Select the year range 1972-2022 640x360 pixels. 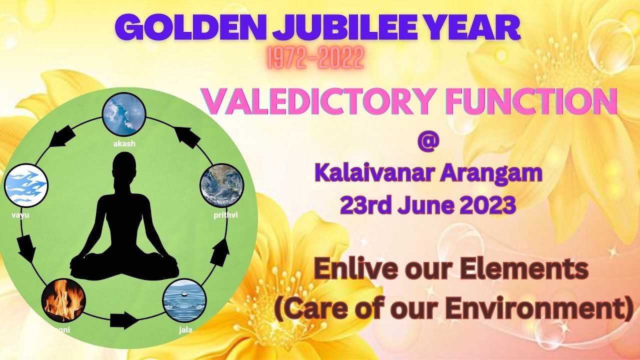click(x=315, y=59)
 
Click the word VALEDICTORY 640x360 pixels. click(x=315, y=100)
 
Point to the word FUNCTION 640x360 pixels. click(x=524, y=100)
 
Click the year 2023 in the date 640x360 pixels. click(x=484, y=205)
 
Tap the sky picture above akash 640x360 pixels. click(x=123, y=114)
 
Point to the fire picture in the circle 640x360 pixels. click(x=63, y=300)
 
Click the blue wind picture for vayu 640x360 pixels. click(x=26, y=186)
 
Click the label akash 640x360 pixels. click(x=124, y=143)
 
